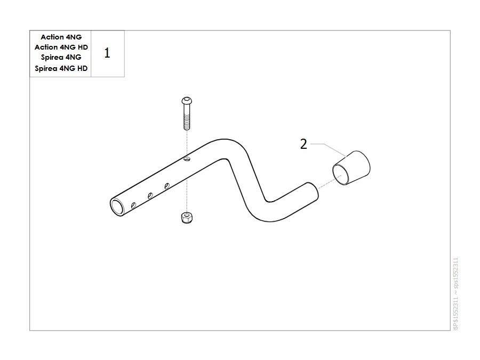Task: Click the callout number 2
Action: [303, 144]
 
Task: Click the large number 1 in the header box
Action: [107, 53]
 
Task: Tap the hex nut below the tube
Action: [187, 218]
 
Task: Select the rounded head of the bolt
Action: [187, 100]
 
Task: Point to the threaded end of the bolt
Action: [187, 123]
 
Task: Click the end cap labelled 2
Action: [351, 168]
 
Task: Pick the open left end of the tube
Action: [117, 207]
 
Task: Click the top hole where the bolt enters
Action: [187, 158]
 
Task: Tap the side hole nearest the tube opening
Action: [133, 205]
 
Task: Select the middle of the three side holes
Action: [150, 195]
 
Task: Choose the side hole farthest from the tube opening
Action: [167, 186]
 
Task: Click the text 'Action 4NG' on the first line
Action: [61, 37]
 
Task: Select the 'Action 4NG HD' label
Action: [61, 47]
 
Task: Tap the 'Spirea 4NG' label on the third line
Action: [61, 57]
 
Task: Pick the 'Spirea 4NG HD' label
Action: [61, 68]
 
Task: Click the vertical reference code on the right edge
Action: [456, 294]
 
